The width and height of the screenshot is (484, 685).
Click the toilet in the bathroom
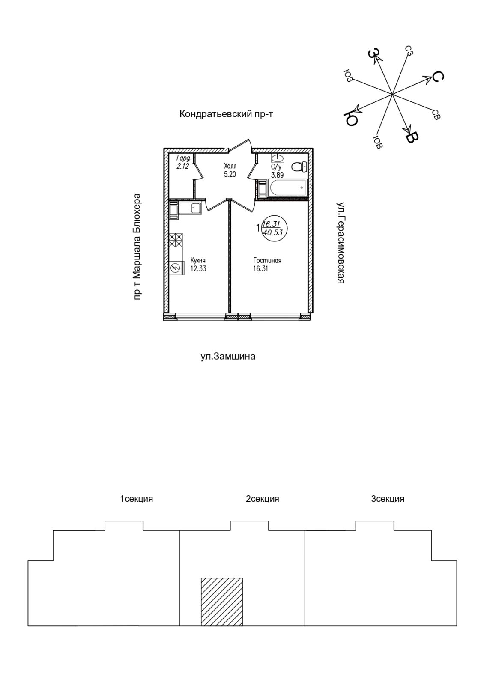tap(299, 166)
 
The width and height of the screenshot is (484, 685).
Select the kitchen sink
tap(190, 209)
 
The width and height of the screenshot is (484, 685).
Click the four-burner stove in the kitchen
tap(176, 240)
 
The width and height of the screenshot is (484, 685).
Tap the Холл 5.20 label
tap(230, 170)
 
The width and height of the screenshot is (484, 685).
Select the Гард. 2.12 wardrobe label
tap(183, 163)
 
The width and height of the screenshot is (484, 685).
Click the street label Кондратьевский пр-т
tap(226, 114)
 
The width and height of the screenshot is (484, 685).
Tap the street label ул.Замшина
tap(228, 356)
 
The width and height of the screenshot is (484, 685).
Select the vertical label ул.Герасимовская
tap(341, 243)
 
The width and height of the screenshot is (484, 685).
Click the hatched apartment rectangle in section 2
tap(222, 602)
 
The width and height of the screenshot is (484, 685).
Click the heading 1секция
tap(136, 499)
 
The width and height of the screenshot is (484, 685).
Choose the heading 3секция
tap(387, 499)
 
